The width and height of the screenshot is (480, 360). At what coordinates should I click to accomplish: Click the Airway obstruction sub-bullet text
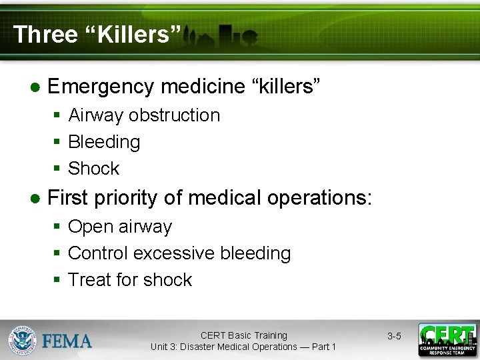[x=144, y=115]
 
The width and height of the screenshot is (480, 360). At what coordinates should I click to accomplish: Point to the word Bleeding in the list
[x=104, y=142]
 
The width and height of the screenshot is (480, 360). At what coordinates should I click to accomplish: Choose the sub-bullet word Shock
[x=93, y=169]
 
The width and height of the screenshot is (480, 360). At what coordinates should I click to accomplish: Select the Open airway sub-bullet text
[x=120, y=227]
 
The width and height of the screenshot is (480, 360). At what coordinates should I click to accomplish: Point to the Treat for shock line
[x=130, y=280]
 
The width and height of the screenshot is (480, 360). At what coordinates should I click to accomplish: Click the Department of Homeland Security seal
[x=22, y=341]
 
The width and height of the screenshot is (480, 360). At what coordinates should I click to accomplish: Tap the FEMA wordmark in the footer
[x=67, y=341]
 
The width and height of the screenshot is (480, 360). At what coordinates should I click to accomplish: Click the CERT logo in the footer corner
[x=447, y=340]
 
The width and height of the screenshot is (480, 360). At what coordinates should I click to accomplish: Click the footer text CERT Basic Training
[x=243, y=335]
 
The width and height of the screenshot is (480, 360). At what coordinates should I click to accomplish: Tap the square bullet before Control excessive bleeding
[x=57, y=253]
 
